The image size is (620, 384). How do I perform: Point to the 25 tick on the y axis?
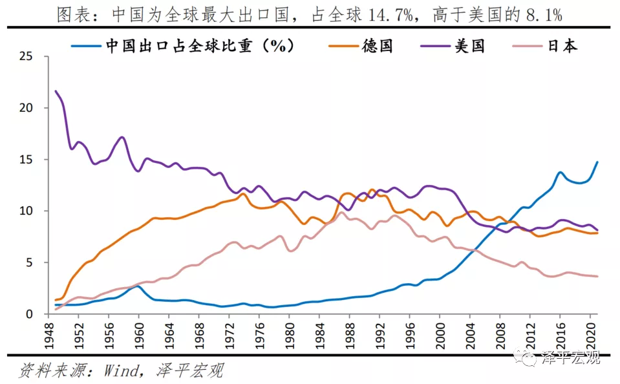(26, 56)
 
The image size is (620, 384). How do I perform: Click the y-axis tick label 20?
(26, 108)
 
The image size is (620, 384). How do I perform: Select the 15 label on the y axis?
(26, 160)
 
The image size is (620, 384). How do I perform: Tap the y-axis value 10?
(26, 211)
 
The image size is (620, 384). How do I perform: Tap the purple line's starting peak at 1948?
(56, 91)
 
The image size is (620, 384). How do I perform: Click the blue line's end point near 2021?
(596, 162)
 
